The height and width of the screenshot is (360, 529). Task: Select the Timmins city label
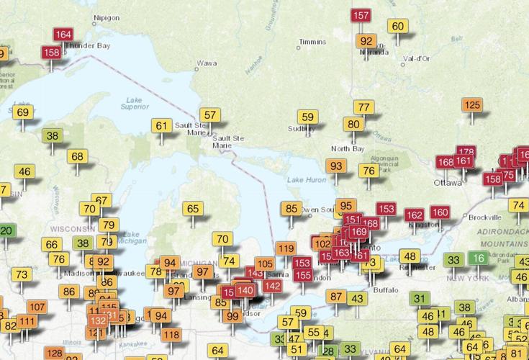pos(312,42)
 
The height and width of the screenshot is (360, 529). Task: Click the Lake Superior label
pos(135,102)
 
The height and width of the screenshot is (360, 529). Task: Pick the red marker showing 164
pos(63,35)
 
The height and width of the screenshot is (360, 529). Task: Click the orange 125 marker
pos(472,106)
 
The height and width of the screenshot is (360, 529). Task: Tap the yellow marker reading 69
pos(23,112)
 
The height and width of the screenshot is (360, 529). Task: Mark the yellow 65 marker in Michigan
pos(193,210)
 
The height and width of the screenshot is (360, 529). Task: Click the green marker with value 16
pos(477,258)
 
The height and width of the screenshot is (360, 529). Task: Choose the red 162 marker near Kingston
pos(414,215)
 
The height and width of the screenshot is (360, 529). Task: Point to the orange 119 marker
pos(286,249)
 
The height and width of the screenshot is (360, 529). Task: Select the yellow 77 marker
pos(364,107)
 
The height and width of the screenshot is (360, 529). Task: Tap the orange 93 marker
pos(335,166)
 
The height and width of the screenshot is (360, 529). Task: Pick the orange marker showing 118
pos(171,334)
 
